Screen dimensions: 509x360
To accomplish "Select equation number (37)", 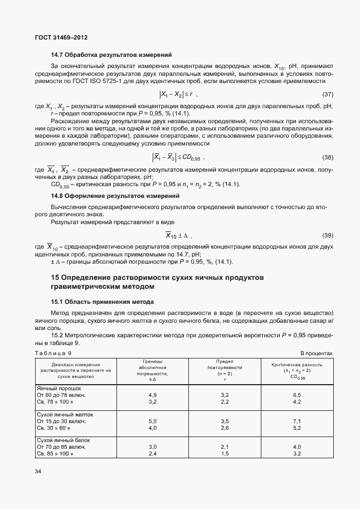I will coord(328,95).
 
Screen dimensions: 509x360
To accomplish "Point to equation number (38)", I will coord(328,157).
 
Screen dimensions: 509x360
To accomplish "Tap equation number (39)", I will coord(328,235).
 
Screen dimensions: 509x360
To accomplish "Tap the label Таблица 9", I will coord(53,353).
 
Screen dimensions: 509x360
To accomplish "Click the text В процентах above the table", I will coord(317,353).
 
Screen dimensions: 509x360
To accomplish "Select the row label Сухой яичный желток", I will coord(65,415).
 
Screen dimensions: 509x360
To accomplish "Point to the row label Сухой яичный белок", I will coord(63,440).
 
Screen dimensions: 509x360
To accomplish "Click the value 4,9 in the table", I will coord(152,395).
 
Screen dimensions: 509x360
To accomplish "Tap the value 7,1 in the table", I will coord(296,421).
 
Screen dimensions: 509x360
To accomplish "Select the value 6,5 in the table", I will coord(296,395).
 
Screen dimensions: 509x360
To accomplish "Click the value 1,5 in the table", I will coord(225,454).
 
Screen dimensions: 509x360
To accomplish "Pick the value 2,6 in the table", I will coord(225,428).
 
